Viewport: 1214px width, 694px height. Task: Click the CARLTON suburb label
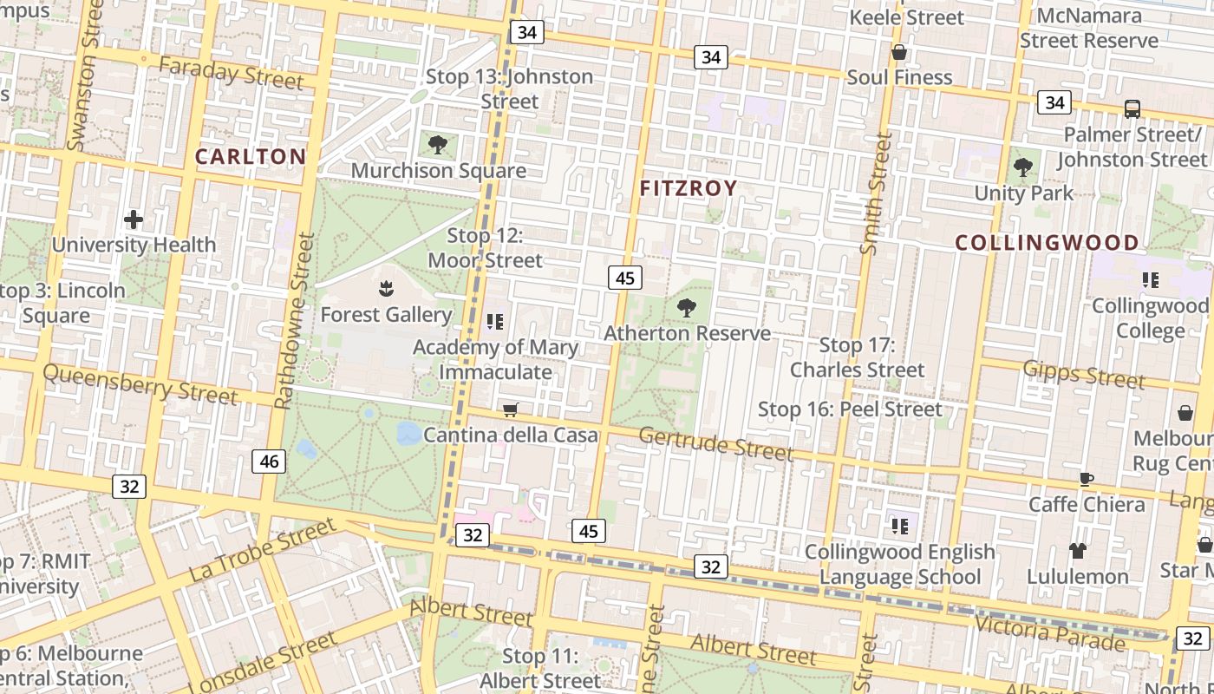pyautogui.click(x=250, y=156)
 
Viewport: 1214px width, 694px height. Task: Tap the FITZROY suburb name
pyautogui.click(x=689, y=188)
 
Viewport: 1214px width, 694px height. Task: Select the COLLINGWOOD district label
pyautogui.click(x=1047, y=243)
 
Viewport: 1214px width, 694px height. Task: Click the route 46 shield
pyautogui.click(x=269, y=462)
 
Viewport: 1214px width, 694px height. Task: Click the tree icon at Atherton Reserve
pyautogui.click(x=687, y=307)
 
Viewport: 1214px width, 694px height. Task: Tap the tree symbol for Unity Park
pyautogui.click(x=1023, y=167)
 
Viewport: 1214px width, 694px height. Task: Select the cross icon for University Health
pyautogui.click(x=133, y=219)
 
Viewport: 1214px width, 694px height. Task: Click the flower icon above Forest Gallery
pyautogui.click(x=386, y=288)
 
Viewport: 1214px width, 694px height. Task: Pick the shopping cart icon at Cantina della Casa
pyautogui.click(x=511, y=409)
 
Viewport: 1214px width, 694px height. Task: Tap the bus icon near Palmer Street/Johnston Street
pyautogui.click(x=1132, y=109)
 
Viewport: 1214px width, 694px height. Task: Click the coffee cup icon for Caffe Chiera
pyautogui.click(x=1087, y=479)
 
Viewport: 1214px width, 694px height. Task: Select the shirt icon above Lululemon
pyautogui.click(x=1078, y=550)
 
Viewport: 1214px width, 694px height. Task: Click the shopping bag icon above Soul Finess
pyautogui.click(x=899, y=52)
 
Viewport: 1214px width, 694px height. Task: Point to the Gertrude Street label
pyautogui.click(x=715, y=443)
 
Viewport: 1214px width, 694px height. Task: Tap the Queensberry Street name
pyautogui.click(x=140, y=383)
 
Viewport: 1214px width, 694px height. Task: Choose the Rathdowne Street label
pyautogui.click(x=295, y=321)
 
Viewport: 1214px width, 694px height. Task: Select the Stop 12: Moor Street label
pyautogui.click(x=485, y=248)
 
